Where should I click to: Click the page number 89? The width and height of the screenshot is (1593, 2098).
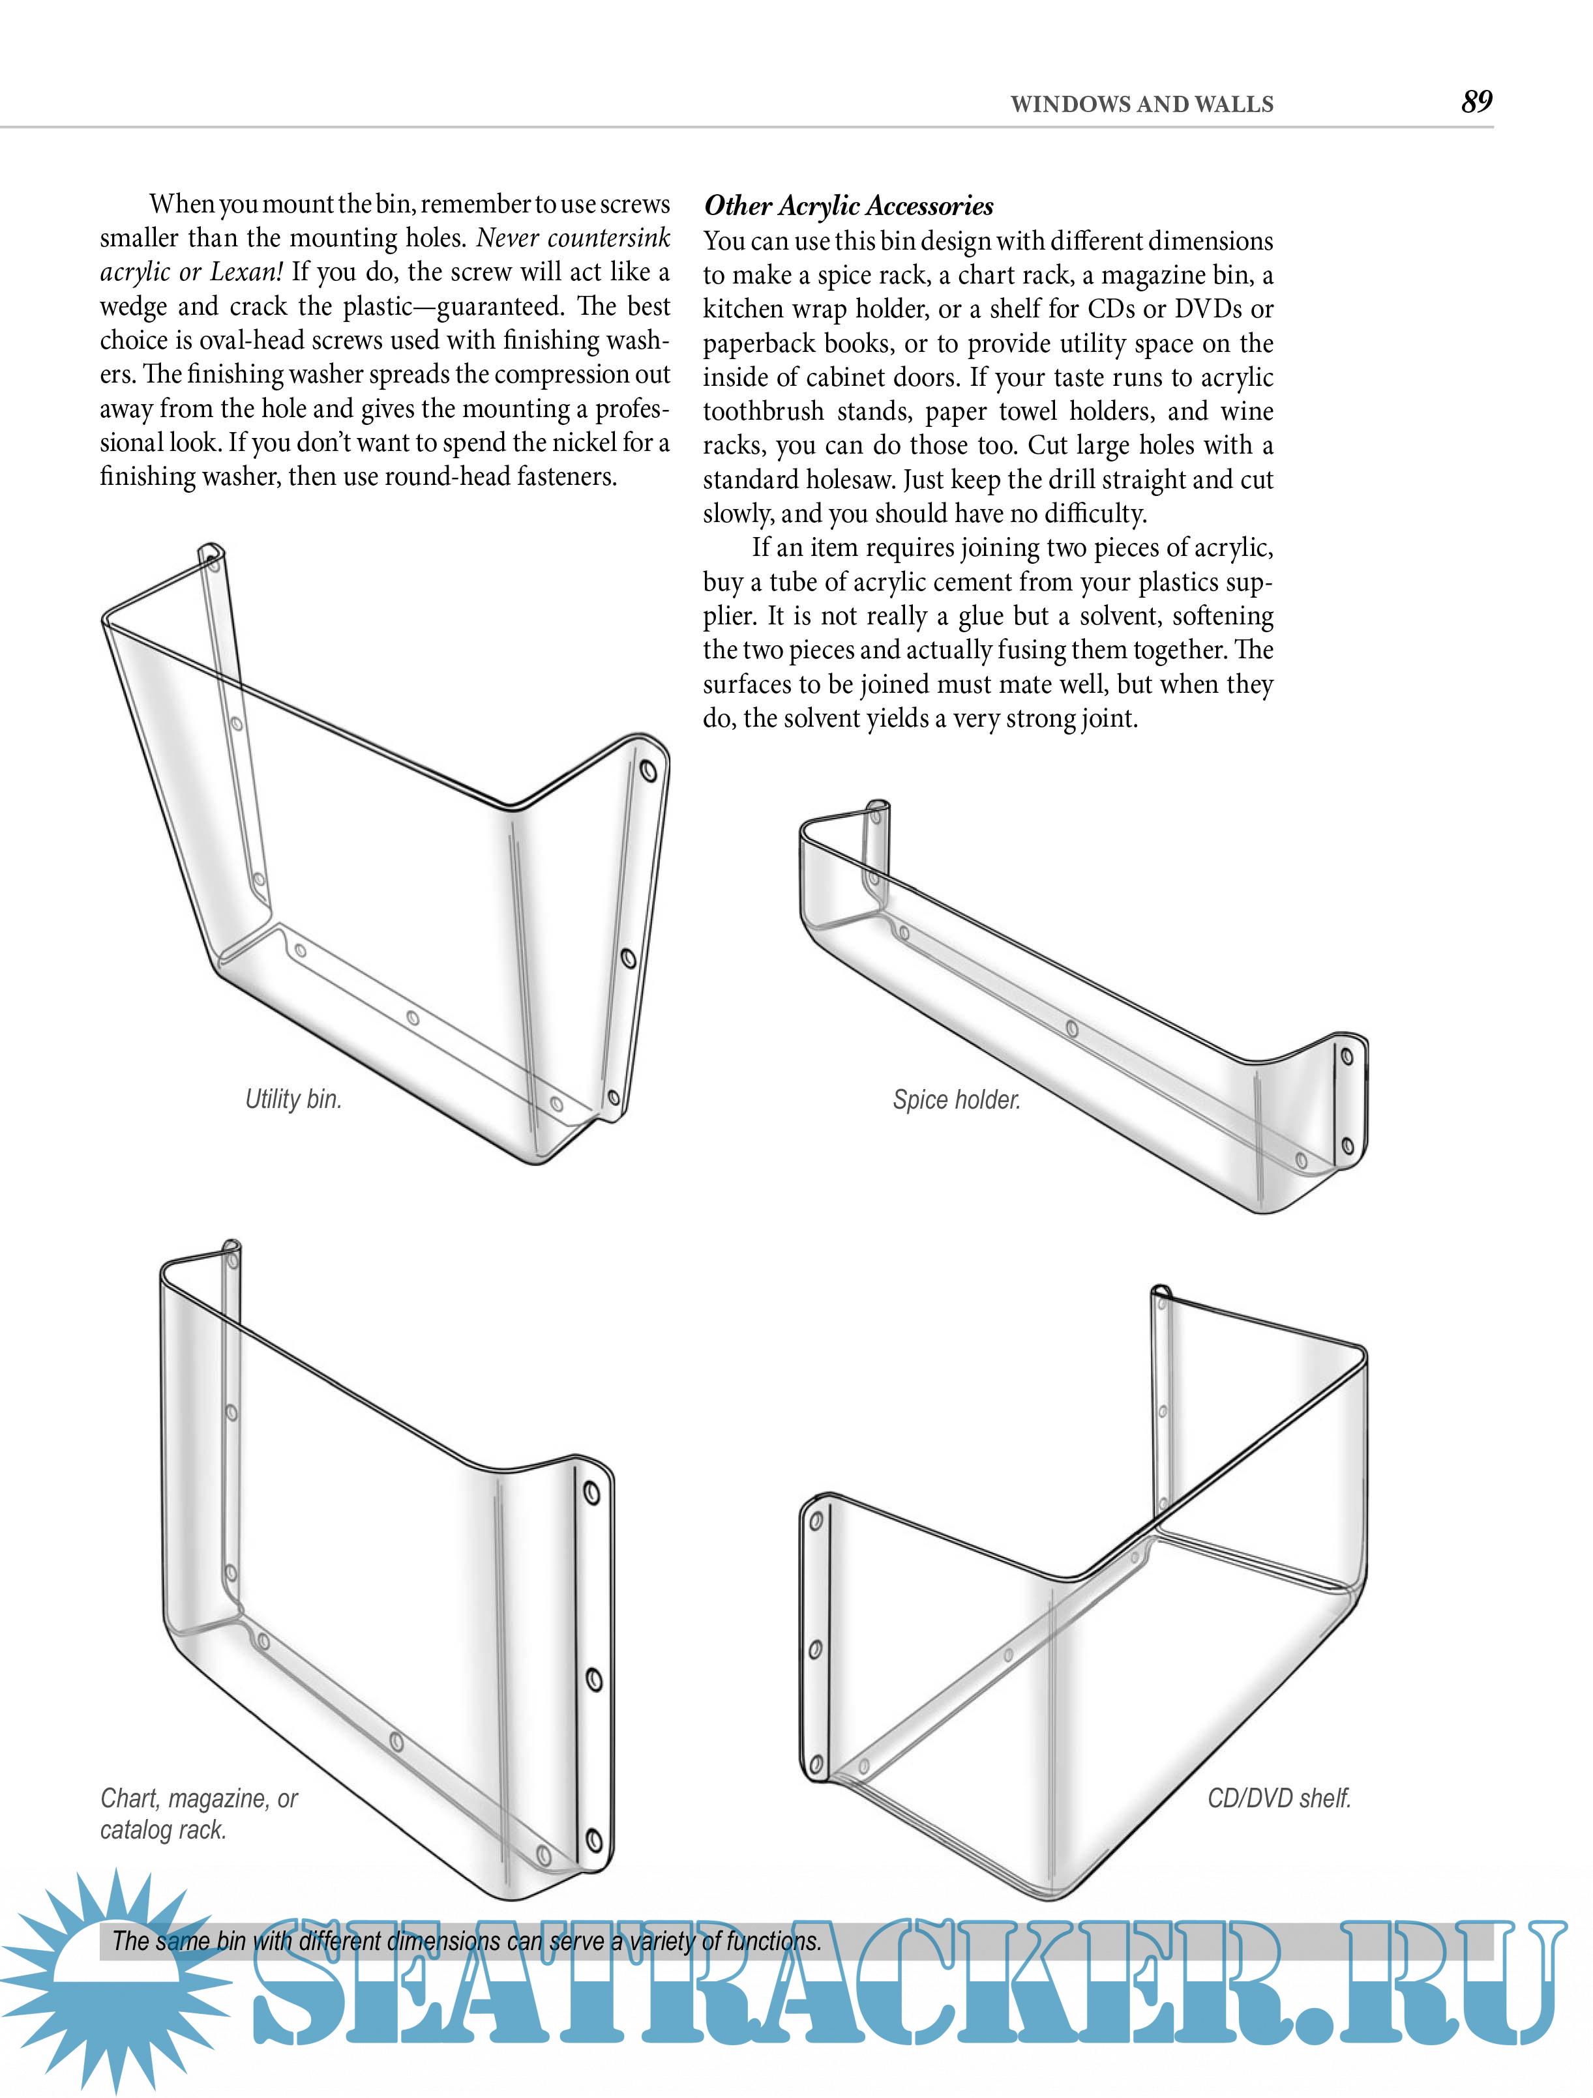tap(1476, 102)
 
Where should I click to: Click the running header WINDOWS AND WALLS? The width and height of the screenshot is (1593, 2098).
tap(1141, 104)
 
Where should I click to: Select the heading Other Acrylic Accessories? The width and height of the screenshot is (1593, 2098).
tap(848, 206)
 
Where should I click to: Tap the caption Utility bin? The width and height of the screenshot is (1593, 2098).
tap(293, 1100)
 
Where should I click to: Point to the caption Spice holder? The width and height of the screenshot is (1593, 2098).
tap(957, 1100)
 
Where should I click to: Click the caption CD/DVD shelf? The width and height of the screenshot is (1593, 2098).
tap(1279, 1798)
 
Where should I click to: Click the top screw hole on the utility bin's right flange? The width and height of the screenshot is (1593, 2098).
tap(649, 770)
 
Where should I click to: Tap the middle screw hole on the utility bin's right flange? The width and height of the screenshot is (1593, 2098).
tap(628, 958)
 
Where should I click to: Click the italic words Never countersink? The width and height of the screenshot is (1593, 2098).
tap(573, 237)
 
